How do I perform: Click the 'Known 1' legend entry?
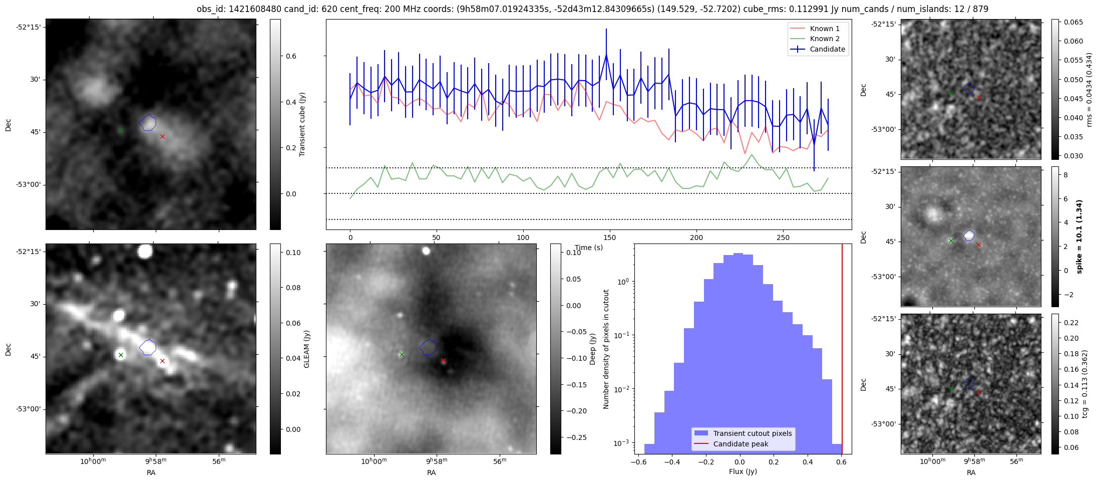coord(824,29)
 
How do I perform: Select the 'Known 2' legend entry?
coord(824,39)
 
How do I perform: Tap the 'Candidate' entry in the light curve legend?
coord(827,49)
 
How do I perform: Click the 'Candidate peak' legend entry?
coord(741,444)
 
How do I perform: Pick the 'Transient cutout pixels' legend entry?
coord(752,433)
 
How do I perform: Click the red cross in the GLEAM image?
coord(162,361)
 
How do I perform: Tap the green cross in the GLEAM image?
coord(121,355)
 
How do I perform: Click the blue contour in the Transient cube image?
coord(148,122)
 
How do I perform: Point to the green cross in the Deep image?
coord(402,354)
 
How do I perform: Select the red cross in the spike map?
coord(978,245)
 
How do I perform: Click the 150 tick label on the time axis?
coord(610,237)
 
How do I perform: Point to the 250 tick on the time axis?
coord(783,237)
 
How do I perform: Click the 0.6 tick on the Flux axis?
coord(841,462)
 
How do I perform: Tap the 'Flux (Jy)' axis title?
coord(743,471)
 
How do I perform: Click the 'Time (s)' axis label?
coord(589,248)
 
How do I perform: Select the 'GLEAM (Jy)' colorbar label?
coord(306,349)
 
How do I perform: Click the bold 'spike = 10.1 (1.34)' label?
coord(1079,236)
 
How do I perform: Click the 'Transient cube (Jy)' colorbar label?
coord(302,124)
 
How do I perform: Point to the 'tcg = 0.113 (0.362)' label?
coord(1084,384)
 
